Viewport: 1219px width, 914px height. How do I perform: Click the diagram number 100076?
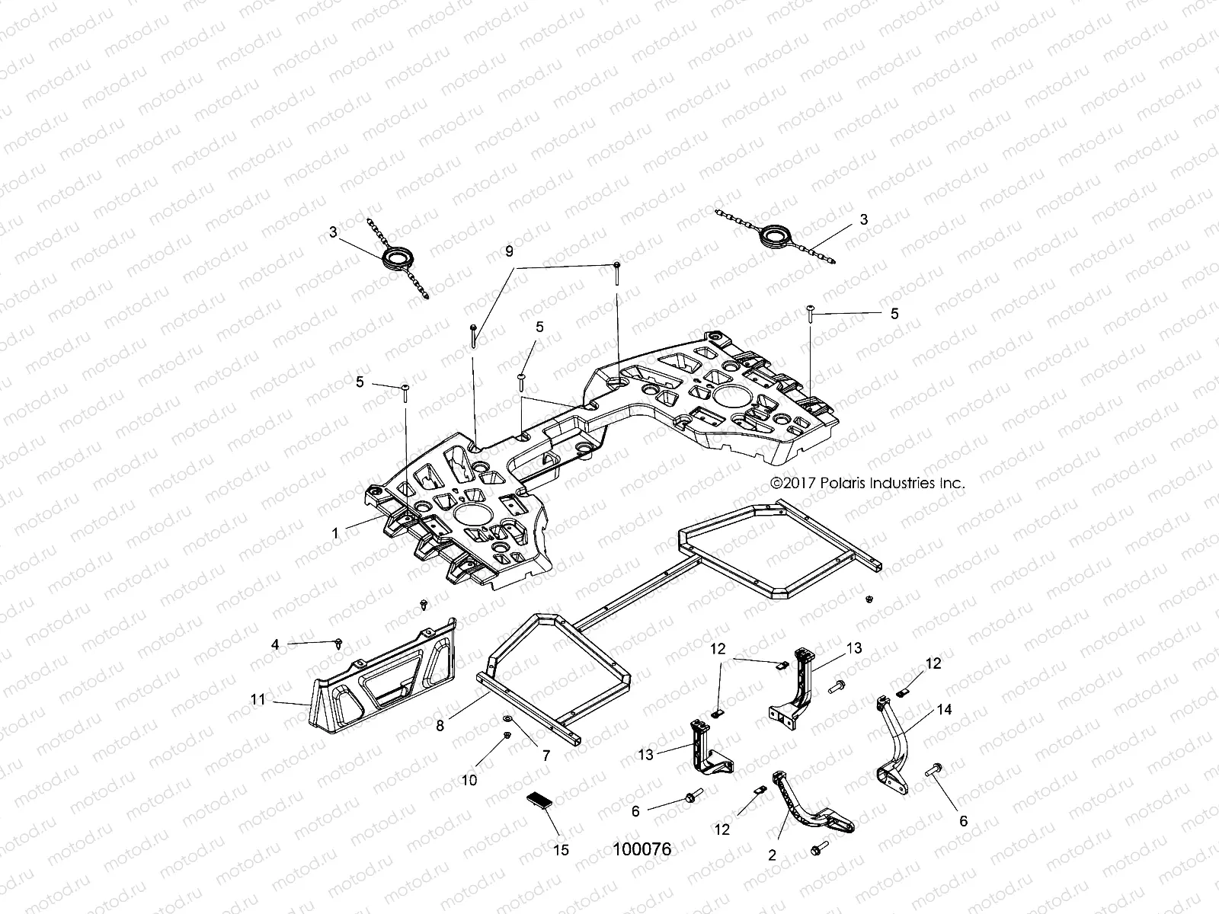pos(642,849)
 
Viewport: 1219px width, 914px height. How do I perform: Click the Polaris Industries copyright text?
pos(868,483)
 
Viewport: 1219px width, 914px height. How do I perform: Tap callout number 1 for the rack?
pos(335,533)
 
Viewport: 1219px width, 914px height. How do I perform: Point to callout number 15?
pos(560,850)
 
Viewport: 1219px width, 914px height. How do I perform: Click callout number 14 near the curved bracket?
pos(944,709)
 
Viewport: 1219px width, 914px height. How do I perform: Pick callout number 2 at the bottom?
pos(772,855)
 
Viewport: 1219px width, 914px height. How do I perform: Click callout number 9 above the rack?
pos(509,251)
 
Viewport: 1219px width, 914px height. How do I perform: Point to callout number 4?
pos(275,644)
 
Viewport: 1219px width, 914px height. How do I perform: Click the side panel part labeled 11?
pos(389,682)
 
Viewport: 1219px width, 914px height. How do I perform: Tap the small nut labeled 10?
pos(507,736)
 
